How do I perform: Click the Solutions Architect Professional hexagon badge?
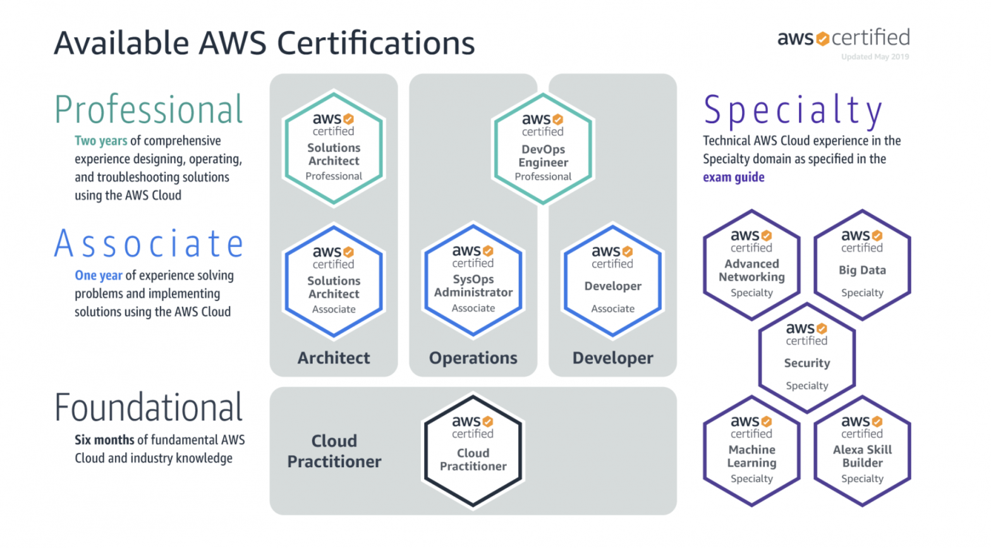(x=334, y=149)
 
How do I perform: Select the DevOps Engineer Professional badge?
(x=543, y=149)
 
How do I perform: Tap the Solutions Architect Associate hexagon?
(x=334, y=281)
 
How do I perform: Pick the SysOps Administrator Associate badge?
(x=473, y=280)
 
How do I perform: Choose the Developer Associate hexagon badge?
(x=612, y=281)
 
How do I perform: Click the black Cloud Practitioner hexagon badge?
(x=473, y=451)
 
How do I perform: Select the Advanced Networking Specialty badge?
(x=751, y=265)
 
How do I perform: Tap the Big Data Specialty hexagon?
(x=862, y=265)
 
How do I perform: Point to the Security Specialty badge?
(x=806, y=358)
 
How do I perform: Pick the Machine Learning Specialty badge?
(x=751, y=451)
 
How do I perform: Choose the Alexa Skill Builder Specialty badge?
(x=862, y=451)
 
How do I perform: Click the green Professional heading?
(x=149, y=110)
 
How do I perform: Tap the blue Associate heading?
(x=149, y=244)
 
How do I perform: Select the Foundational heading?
(x=149, y=408)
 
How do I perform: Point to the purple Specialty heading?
(x=793, y=110)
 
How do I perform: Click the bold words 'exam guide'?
(x=733, y=177)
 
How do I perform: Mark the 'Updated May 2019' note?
(x=875, y=57)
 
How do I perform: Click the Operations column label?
(x=473, y=358)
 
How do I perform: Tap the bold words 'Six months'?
(x=104, y=440)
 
